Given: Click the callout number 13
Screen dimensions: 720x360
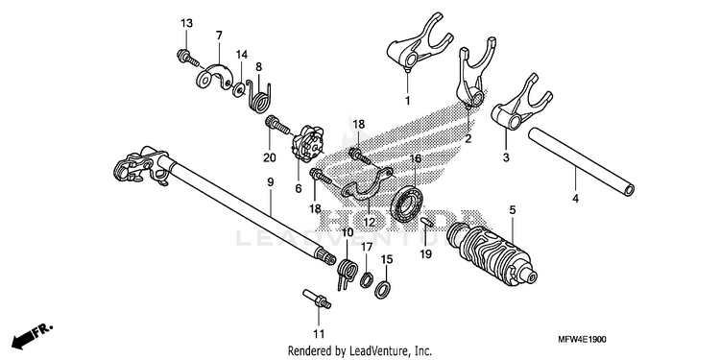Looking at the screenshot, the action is [186, 23].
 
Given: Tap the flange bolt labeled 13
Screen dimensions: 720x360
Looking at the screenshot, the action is [187, 58].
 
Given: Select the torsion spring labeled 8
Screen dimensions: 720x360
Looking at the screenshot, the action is [259, 95].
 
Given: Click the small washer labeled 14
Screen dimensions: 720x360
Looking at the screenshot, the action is [238, 89].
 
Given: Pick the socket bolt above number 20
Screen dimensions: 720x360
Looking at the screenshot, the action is [276, 123].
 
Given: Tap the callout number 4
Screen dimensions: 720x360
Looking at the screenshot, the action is [575, 199].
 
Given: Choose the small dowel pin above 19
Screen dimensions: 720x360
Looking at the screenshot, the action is [425, 223].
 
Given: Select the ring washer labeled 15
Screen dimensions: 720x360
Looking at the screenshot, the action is [382, 289].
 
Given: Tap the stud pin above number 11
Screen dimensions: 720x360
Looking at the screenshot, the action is [317, 299].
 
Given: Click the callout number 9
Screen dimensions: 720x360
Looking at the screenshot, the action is [271, 182].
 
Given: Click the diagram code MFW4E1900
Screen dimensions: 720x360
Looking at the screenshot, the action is [583, 340].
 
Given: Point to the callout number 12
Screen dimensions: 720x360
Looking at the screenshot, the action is [370, 223].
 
